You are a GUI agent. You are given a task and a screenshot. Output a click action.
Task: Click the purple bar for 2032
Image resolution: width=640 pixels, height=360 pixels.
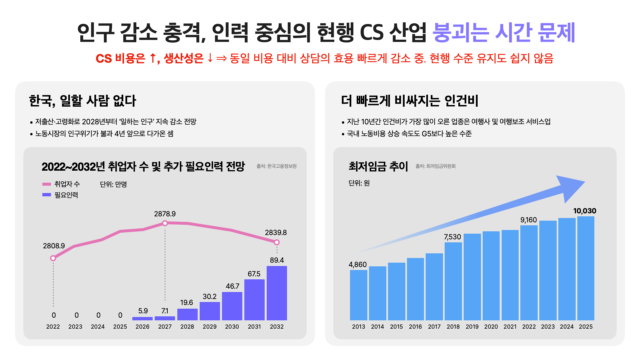tap(277, 293)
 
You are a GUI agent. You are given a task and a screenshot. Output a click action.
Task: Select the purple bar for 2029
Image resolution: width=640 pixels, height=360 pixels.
tap(210, 311)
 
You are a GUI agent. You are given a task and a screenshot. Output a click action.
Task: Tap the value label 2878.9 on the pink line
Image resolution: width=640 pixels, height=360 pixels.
tap(165, 214)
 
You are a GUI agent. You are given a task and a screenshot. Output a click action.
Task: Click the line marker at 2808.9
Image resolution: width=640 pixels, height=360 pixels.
tap(53, 258)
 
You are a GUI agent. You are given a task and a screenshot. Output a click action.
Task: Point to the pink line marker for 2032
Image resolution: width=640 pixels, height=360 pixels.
tap(277, 242)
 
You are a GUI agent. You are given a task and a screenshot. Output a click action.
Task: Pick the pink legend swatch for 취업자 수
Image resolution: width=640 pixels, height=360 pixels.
tap(47, 184)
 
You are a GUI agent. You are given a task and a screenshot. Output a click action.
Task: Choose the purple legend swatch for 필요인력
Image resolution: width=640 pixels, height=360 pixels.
tap(47, 195)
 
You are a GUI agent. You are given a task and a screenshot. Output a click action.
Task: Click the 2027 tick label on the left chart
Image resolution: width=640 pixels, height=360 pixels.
tap(165, 327)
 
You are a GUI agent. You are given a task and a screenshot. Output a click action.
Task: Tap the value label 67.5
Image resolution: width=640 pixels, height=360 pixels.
tap(254, 274)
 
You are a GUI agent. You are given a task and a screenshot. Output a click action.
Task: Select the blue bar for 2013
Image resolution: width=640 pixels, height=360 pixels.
tap(359, 295)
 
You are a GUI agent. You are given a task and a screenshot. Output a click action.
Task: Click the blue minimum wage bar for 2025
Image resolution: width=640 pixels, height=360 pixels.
tap(586, 268)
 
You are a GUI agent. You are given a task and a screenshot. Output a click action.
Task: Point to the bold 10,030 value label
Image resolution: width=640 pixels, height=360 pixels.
tap(585, 211)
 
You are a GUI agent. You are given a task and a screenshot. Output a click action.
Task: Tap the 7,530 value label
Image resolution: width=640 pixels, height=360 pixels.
tap(452, 237)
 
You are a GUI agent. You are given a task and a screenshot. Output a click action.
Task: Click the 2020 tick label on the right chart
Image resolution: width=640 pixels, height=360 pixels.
tap(491, 327)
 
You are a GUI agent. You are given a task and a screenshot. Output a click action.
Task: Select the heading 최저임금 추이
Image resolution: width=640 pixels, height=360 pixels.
tap(378, 166)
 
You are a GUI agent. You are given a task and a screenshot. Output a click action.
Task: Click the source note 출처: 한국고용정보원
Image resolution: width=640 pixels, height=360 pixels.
tap(276, 166)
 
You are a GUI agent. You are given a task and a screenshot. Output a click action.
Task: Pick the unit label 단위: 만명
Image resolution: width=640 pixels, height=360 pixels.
tap(113, 184)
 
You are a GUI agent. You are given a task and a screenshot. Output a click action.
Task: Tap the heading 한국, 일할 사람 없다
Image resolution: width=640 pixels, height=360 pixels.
tap(83, 101)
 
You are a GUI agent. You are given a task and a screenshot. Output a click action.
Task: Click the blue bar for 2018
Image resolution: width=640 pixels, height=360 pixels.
tap(453, 281)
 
